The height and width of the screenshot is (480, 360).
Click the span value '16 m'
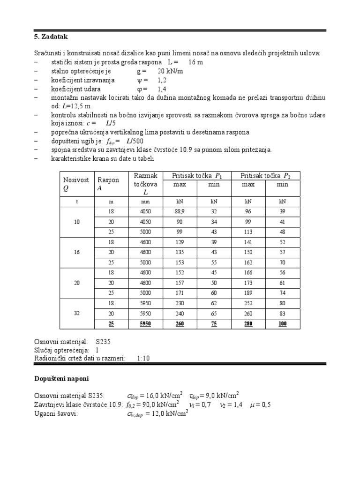tap(196, 62)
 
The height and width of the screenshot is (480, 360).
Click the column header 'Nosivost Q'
tap(76, 184)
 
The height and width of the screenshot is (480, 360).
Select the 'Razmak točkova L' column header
tap(145, 184)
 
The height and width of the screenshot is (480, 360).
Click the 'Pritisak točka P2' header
tap(265, 176)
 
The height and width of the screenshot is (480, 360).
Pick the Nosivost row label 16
tap(77, 252)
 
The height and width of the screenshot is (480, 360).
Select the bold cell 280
tap(248, 324)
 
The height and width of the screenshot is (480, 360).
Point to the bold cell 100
tap(283, 324)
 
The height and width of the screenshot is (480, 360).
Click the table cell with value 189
tap(248, 292)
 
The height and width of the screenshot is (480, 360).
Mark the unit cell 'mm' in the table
tap(146, 201)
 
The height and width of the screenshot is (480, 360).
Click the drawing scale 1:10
tap(143, 358)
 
